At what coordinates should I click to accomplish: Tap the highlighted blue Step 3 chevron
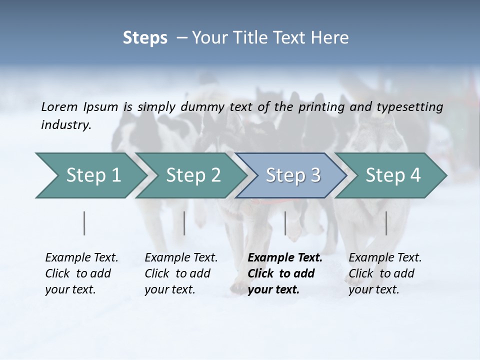coord(293,175)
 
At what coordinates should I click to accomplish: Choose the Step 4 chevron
coord(393,175)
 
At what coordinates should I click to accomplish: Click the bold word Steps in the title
coord(145,38)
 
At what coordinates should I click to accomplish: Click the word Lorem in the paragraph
coord(59,106)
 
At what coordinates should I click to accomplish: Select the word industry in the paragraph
coord(65,125)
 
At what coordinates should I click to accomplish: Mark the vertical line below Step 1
coord(84,223)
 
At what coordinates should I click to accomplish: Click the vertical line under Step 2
coord(184,223)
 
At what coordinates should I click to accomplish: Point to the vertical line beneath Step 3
coord(285,223)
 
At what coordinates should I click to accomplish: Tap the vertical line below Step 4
coord(386,223)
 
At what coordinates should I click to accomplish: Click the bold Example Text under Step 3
coord(285,258)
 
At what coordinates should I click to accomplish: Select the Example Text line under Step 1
coord(81,258)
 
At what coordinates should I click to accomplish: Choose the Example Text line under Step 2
coord(181,258)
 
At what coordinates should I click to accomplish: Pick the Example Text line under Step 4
coord(385,258)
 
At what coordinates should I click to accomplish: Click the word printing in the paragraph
coord(322,106)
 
